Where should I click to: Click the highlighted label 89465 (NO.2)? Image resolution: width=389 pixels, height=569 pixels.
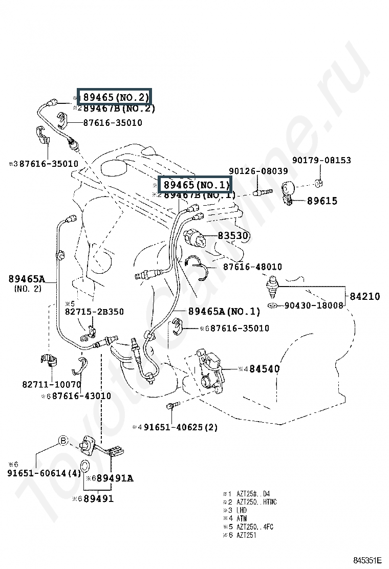point(116,97)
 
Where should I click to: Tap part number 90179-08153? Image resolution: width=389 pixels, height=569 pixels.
point(321,160)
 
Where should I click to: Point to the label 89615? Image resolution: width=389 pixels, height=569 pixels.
point(322,201)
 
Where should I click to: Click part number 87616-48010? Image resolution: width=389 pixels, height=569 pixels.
point(252,267)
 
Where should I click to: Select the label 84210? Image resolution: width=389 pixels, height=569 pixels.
point(365,296)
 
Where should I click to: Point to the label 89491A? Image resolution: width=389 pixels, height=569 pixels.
point(115,478)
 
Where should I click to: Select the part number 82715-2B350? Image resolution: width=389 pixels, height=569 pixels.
point(94,312)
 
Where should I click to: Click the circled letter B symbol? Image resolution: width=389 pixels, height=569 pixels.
point(62,441)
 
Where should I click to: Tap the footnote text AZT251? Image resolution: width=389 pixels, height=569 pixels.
point(246,535)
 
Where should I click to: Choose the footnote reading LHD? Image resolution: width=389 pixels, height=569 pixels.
point(242,511)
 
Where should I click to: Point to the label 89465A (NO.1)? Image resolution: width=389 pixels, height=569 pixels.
point(224,311)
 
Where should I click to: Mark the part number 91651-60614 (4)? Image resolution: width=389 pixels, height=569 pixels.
point(45,473)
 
